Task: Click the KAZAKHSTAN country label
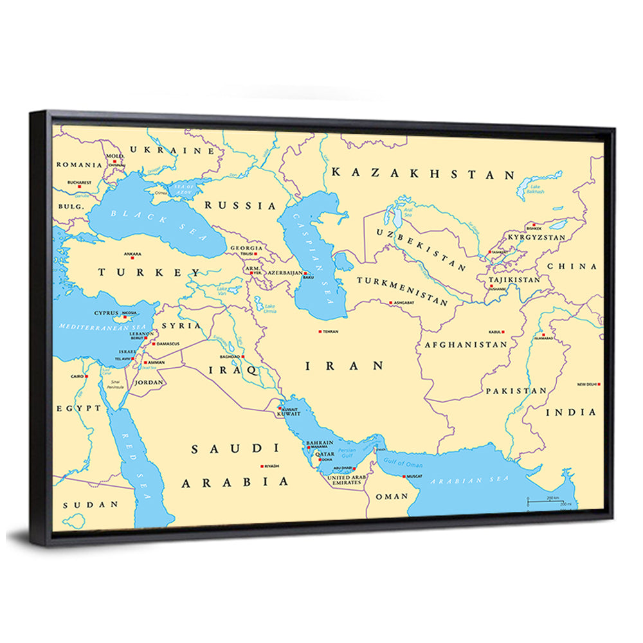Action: [x=423, y=174]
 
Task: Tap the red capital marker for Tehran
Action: [x=320, y=332]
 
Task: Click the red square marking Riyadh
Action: [x=262, y=466]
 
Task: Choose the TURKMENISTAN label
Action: [x=403, y=291]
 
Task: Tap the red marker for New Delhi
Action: [x=599, y=384]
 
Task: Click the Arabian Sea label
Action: [x=469, y=480]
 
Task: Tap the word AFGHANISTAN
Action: [x=466, y=345]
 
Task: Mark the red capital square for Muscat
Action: [x=404, y=476]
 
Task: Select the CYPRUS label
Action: [x=106, y=313]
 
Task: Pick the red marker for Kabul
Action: [x=503, y=332]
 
